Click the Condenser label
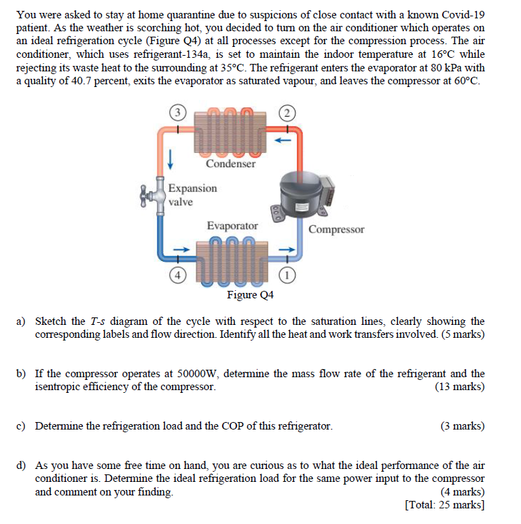tap(231, 164)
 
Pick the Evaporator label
tap(232, 226)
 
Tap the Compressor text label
tap(336, 229)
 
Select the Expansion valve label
tap(192, 195)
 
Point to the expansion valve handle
tap(145, 195)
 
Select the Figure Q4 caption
tap(251, 295)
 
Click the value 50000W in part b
tap(196, 374)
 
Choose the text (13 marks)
tap(459, 387)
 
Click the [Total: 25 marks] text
tap(444, 504)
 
